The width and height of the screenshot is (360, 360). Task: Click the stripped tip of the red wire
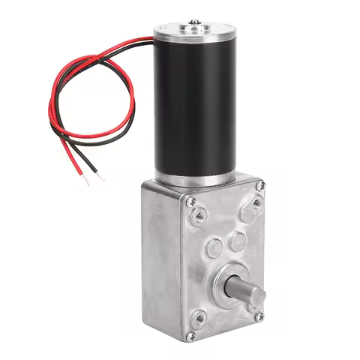[x=92, y=179]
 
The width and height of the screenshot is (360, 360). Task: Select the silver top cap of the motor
[x=188, y=33]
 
